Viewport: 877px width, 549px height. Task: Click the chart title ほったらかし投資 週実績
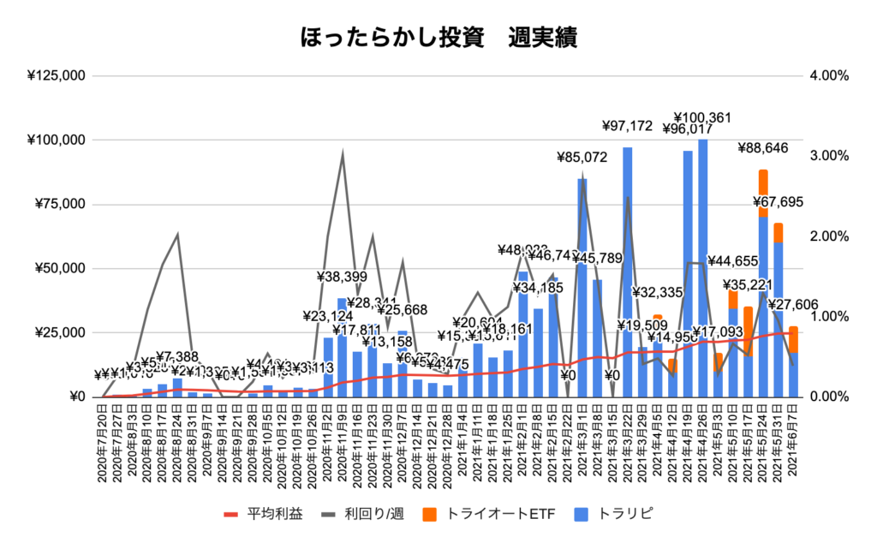[x=438, y=39]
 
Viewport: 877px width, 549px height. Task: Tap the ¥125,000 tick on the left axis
[x=56, y=75]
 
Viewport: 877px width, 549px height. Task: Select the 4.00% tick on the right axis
[x=828, y=75]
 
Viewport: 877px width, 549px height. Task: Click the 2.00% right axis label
[x=828, y=236]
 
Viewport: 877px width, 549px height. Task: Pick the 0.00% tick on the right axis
[x=828, y=397]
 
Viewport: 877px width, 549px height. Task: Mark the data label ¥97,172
[x=630, y=126]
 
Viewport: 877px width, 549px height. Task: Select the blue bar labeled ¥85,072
[x=582, y=291]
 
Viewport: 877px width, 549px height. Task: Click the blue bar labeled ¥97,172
[x=628, y=274]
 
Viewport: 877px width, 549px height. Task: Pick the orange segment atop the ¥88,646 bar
[x=763, y=182]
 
